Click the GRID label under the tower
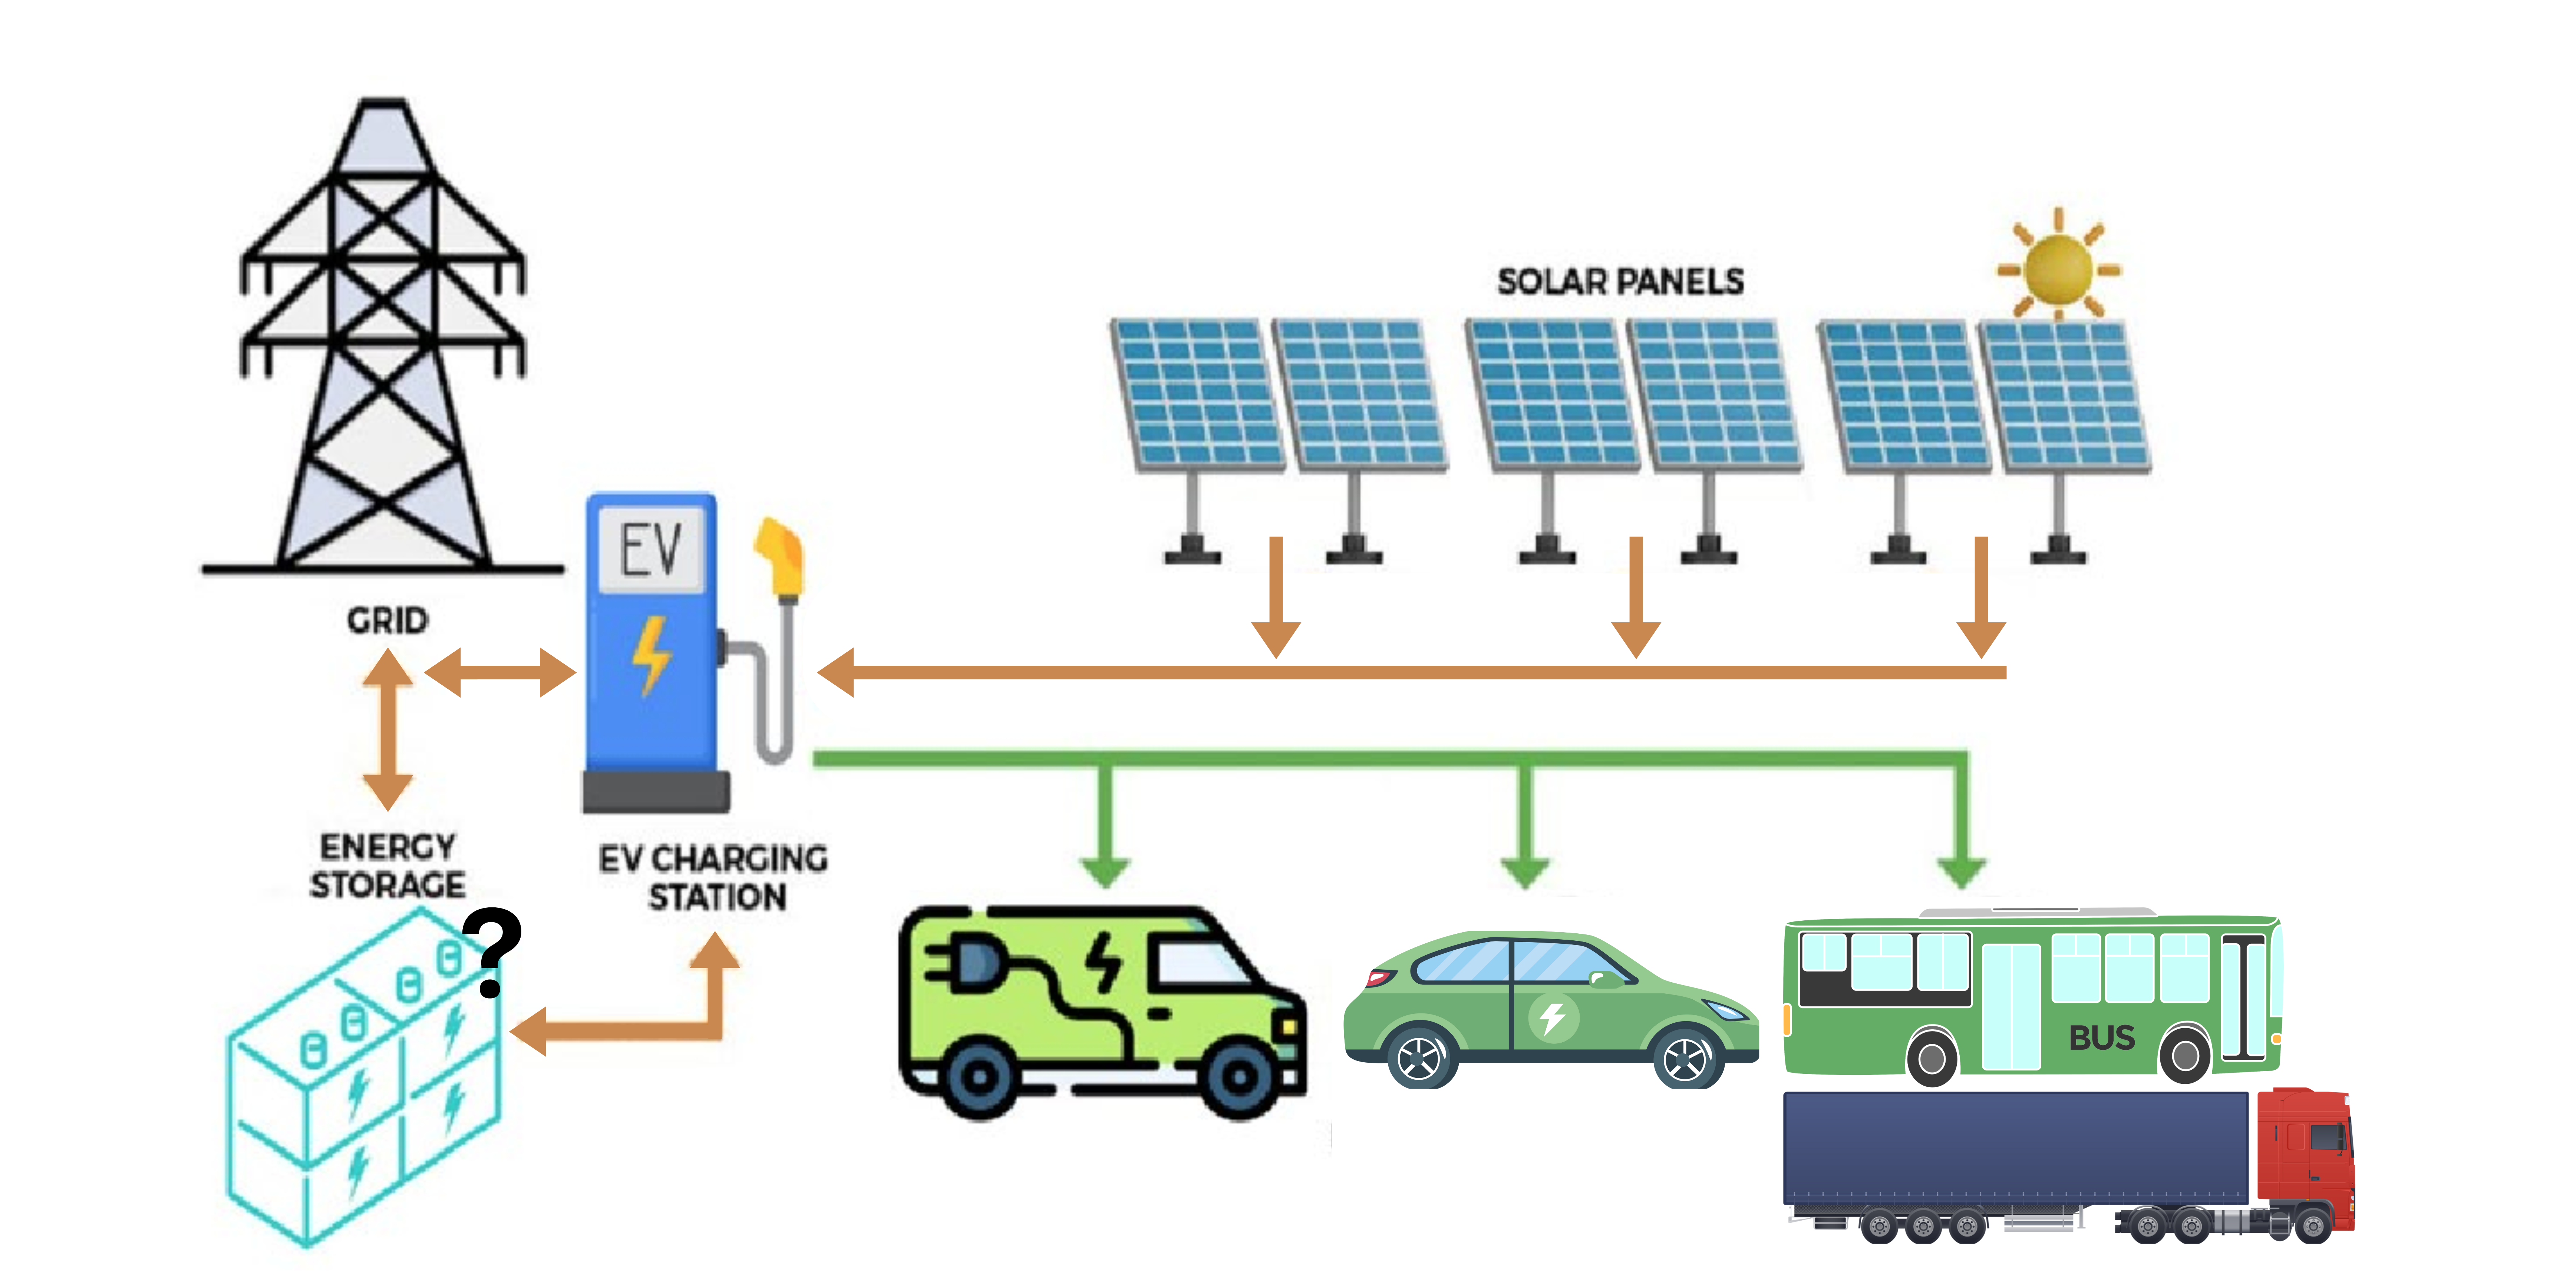coord(387,620)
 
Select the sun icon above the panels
coord(2058,268)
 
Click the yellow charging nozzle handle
coord(781,557)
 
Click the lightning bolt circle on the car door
coord(1552,1017)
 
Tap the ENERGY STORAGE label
coord(387,865)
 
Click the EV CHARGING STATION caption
coord(713,877)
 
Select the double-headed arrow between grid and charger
coord(499,672)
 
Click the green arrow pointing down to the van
coord(1104,825)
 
